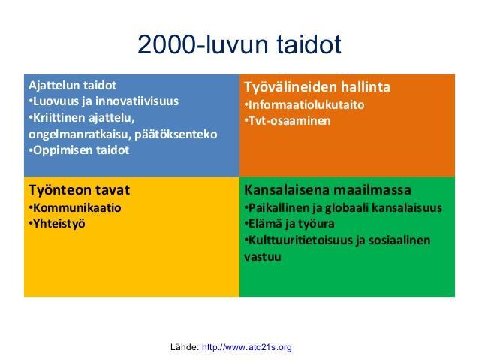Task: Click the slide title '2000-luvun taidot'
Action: tap(239, 44)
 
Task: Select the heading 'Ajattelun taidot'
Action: tap(72, 86)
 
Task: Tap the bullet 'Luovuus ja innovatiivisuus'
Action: tap(104, 101)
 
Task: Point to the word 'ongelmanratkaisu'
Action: tap(80, 135)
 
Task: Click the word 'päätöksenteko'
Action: tap(176, 135)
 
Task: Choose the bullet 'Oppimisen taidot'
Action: tap(79, 150)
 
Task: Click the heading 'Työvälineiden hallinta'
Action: tap(317, 87)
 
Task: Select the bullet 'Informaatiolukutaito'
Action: tap(304, 105)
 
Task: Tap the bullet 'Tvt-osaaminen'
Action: tap(288, 121)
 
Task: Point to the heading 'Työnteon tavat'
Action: tap(79, 190)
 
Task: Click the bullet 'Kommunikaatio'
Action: tap(75, 208)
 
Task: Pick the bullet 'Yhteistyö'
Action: tap(57, 224)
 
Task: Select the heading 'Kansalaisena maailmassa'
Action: tap(327, 190)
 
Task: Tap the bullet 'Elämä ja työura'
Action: tap(289, 224)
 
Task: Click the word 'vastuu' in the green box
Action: tap(263, 256)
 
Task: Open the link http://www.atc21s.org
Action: tap(247, 347)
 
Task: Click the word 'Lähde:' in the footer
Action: tap(185, 347)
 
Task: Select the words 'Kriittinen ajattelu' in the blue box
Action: tap(82, 118)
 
